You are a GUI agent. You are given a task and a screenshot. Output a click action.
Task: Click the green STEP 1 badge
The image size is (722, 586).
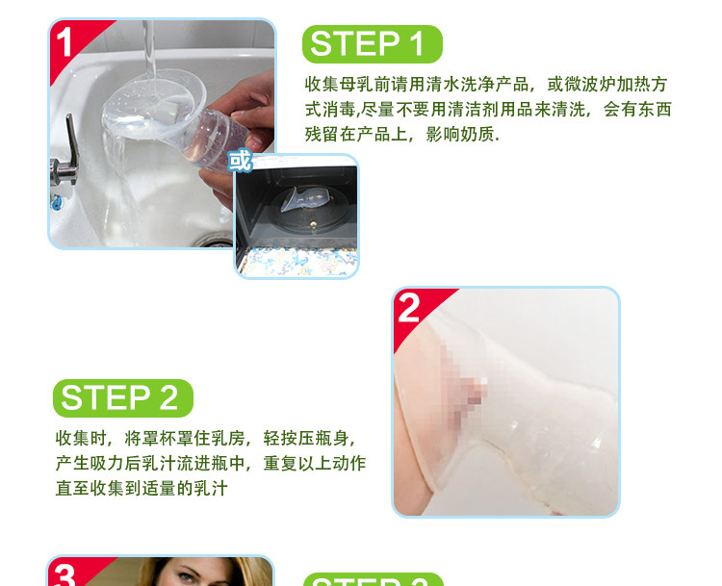tap(372, 44)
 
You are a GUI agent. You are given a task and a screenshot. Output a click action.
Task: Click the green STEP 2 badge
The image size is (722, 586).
tap(123, 398)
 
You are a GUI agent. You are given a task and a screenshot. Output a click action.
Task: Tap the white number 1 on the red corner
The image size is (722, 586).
tap(64, 42)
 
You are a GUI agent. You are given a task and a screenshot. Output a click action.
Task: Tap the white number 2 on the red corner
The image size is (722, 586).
tap(409, 308)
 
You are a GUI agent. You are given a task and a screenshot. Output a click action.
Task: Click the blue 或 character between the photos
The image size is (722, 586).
tap(241, 161)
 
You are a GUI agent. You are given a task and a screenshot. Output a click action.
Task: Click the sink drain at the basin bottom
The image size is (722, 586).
tap(213, 240)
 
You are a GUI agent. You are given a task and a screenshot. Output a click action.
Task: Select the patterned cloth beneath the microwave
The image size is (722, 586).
tap(297, 262)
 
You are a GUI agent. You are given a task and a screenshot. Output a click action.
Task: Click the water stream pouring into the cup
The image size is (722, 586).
tap(149, 51)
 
